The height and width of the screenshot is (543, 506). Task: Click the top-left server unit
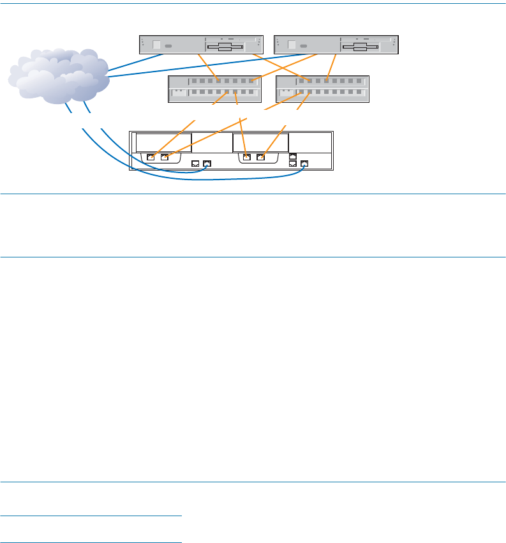click(x=201, y=45)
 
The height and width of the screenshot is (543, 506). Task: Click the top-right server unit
click(x=336, y=45)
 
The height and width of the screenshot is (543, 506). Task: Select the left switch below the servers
click(x=215, y=89)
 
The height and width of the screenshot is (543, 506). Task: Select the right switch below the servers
click(x=323, y=89)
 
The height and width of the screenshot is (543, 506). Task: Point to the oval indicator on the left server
click(x=169, y=47)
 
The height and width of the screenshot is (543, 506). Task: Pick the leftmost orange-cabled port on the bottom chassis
click(x=151, y=157)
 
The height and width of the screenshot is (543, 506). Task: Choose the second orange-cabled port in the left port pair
click(x=164, y=157)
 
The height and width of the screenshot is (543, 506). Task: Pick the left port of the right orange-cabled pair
click(x=247, y=157)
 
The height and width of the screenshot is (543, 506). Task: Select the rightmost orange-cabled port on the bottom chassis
click(x=260, y=157)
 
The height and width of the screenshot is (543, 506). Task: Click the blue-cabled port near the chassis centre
click(x=207, y=164)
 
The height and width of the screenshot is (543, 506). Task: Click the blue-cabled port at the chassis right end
click(x=304, y=164)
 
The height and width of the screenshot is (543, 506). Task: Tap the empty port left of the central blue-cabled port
click(x=196, y=164)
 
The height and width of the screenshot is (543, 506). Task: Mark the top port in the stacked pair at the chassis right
click(x=293, y=155)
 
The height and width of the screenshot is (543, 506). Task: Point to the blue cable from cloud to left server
click(x=134, y=61)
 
